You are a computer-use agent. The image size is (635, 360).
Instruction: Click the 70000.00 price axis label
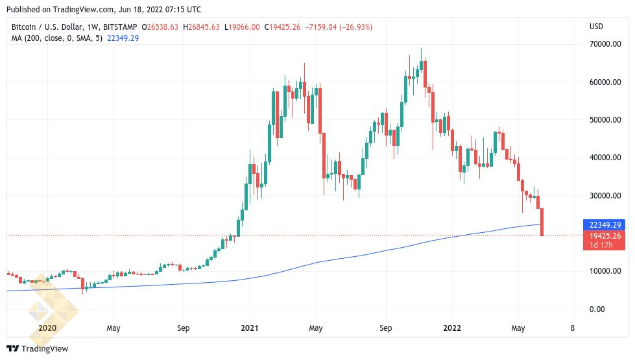[x=605, y=43]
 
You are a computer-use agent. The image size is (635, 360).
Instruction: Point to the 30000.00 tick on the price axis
[x=605, y=196]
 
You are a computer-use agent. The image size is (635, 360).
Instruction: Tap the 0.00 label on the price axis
[x=597, y=309]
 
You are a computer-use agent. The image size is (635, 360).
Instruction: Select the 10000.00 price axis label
[x=605, y=271]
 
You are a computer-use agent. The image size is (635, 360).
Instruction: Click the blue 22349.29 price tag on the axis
[x=604, y=224]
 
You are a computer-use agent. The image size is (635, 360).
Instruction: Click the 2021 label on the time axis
[x=250, y=328]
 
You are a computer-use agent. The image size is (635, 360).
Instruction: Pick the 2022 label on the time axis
[x=452, y=328]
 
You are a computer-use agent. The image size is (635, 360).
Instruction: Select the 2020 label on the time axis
[x=47, y=328]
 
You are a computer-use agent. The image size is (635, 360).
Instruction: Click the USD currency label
[x=596, y=27]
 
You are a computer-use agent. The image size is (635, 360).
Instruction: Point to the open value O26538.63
[x=160, y=27]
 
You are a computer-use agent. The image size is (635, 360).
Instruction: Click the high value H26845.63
[x=201, y=27]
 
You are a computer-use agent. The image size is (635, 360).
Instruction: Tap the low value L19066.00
[x=242, y=27]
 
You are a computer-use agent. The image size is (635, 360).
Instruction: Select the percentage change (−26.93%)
[x=356, y=27]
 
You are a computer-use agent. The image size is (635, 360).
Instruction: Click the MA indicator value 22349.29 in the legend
[x=123, y=38]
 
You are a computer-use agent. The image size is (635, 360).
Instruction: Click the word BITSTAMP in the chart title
[x=120, y=27]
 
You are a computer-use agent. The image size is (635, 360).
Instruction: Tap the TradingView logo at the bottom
[x=38, y=348]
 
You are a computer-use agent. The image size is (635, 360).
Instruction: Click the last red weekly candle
[x=542, y=221]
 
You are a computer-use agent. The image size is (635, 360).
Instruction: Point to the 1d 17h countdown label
[x=601, y=245]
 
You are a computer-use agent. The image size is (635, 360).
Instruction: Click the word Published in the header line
[x=23, y=9]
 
